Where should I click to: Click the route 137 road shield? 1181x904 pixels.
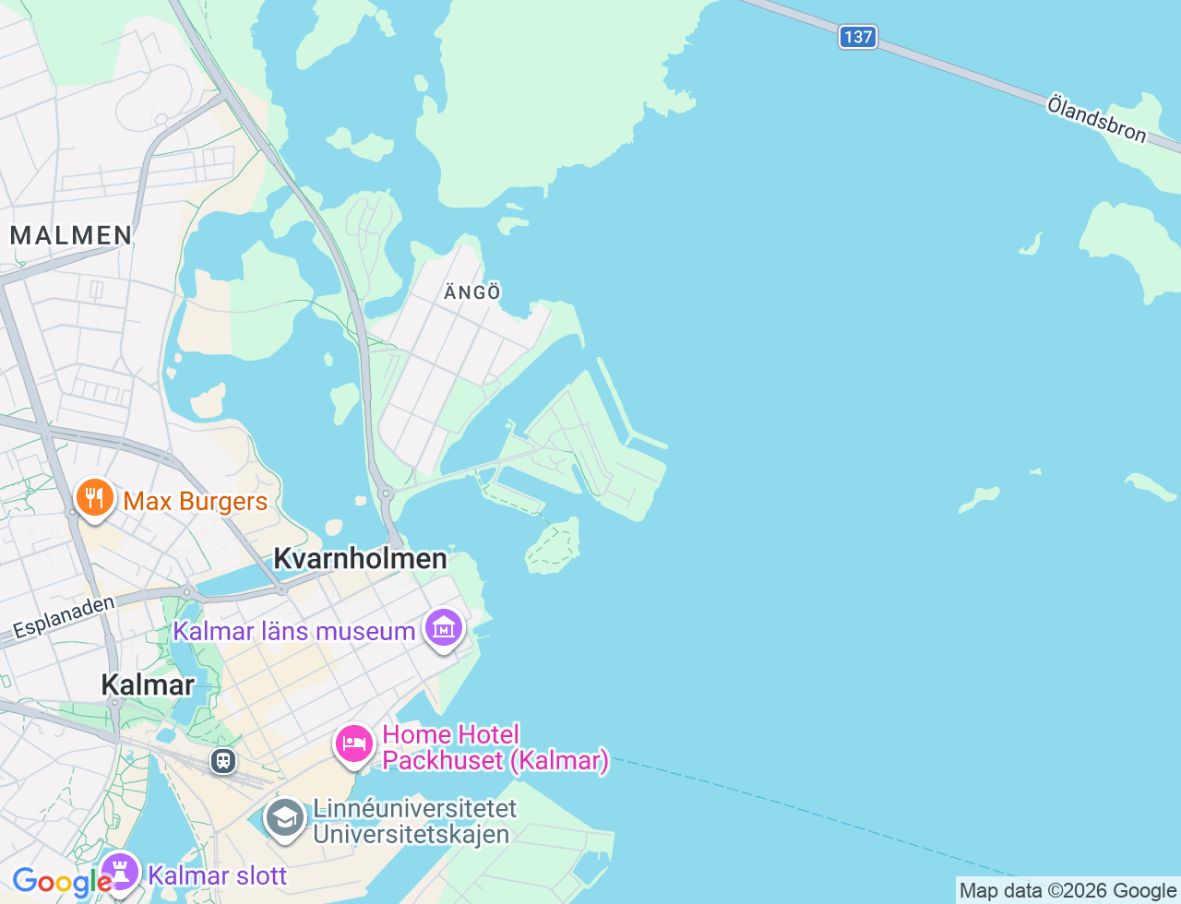pyautogui.click(x=857, y=37)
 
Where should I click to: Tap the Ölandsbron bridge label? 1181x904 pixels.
pyautogui.click(x=1096, y=119)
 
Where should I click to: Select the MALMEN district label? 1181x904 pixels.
pyautogui.click(x=71, y=235)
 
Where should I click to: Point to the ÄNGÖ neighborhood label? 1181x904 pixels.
pyautogui.click(x=472, y=292)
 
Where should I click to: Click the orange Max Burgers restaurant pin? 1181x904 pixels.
pyautogui.click(x=94, y=498)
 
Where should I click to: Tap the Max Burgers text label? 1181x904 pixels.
pyautogui.click(x=196, y=502)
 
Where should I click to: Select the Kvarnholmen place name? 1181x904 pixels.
pyautogui.click(x=361, y=558)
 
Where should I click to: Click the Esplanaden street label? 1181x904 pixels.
pyautogui.click(x=64, y=617)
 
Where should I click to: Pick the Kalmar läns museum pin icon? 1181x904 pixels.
pyautogui.click(x=444, y=629)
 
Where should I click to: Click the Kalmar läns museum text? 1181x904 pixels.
pyautogui.click(x=294, y=632)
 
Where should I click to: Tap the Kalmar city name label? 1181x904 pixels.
pyautogui.click(x=148, y=684)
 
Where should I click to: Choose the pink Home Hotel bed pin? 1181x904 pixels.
pyautogui.click(x=354, y=743)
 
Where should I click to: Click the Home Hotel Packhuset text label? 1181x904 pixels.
pyautogui.click(x=495, y=747)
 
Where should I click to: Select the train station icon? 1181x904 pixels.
pyautogui.click(x=222, y=761)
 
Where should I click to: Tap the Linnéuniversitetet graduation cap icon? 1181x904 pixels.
pyautogui.click(x=284, y=818)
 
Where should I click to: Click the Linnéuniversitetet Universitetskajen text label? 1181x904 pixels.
pyautogui.click(x=414, y=821)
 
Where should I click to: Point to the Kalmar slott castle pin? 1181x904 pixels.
pyautogui.click(x=119, y=872)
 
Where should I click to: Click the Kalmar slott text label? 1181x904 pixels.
pyautogui.click(x=218, y=875)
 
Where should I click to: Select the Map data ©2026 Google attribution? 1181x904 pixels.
pyautogui.click(x=1068, y=890)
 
